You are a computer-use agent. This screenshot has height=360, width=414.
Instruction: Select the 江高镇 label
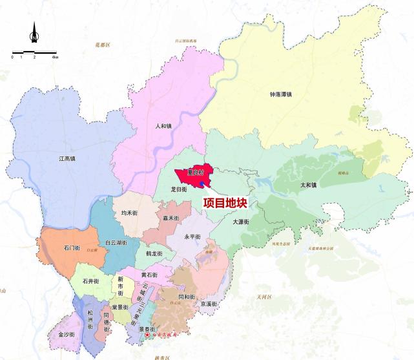(x=67, y=158)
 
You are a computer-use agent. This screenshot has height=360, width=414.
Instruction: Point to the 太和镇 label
(x=308, y=184)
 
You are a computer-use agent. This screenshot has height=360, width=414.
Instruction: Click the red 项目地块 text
(x=225, y=202)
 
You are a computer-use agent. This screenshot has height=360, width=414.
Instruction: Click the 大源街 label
(x=241, y=222)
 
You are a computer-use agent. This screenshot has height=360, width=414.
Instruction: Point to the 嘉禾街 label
(x=171, y=218)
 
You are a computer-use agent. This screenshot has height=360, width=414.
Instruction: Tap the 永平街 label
(x=192, y=237)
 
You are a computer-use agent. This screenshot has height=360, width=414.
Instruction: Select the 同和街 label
(x=185, y=297)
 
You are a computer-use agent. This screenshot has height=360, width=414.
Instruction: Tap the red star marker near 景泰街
(x=147, y=336)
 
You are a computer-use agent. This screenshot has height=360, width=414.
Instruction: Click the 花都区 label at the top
(x=103, y=45)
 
